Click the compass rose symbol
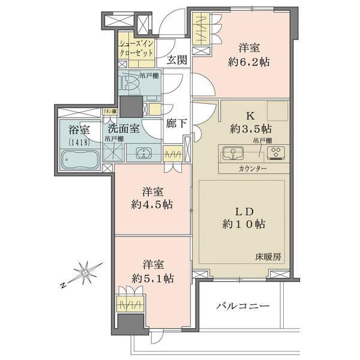(83, 274)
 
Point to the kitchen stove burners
(275, 152)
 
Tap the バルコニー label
(242, 306)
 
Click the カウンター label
(253, 169)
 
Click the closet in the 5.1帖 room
(132, 302)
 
